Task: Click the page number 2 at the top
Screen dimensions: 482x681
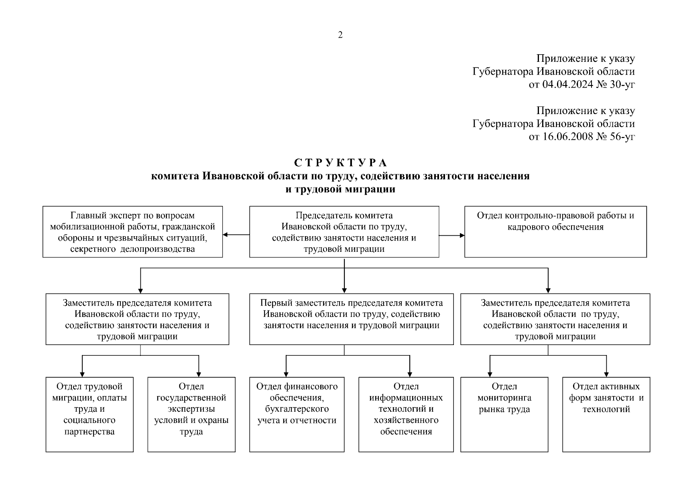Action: click(x=340, y=35)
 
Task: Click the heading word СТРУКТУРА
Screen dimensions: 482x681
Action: click(x=340, y=163)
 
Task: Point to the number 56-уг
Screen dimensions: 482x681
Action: click(x=622, y=137)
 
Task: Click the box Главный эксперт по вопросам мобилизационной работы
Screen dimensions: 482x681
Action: click(x=132, y=232)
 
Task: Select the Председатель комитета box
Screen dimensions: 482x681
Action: click(x=344, y=232)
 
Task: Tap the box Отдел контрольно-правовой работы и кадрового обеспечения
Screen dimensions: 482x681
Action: click(x=555, y=232)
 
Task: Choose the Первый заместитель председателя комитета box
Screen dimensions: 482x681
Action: click(x=351, y=319)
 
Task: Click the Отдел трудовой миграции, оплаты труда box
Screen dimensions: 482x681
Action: click(x=89, y=414)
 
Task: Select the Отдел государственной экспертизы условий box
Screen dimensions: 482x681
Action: click(x=191, y=414)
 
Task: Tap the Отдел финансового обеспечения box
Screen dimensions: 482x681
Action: click(x=297, y=414)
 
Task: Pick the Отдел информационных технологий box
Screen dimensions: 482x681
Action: click(x=406, y=414)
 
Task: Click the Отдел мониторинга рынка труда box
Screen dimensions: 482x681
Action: click(x=504, y=414)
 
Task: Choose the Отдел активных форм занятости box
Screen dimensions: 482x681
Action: click(x=606, y=414)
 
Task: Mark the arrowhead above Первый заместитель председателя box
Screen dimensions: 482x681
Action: click(x=344, y=290)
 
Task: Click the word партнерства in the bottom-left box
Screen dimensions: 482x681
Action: click(x=89, y=432)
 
